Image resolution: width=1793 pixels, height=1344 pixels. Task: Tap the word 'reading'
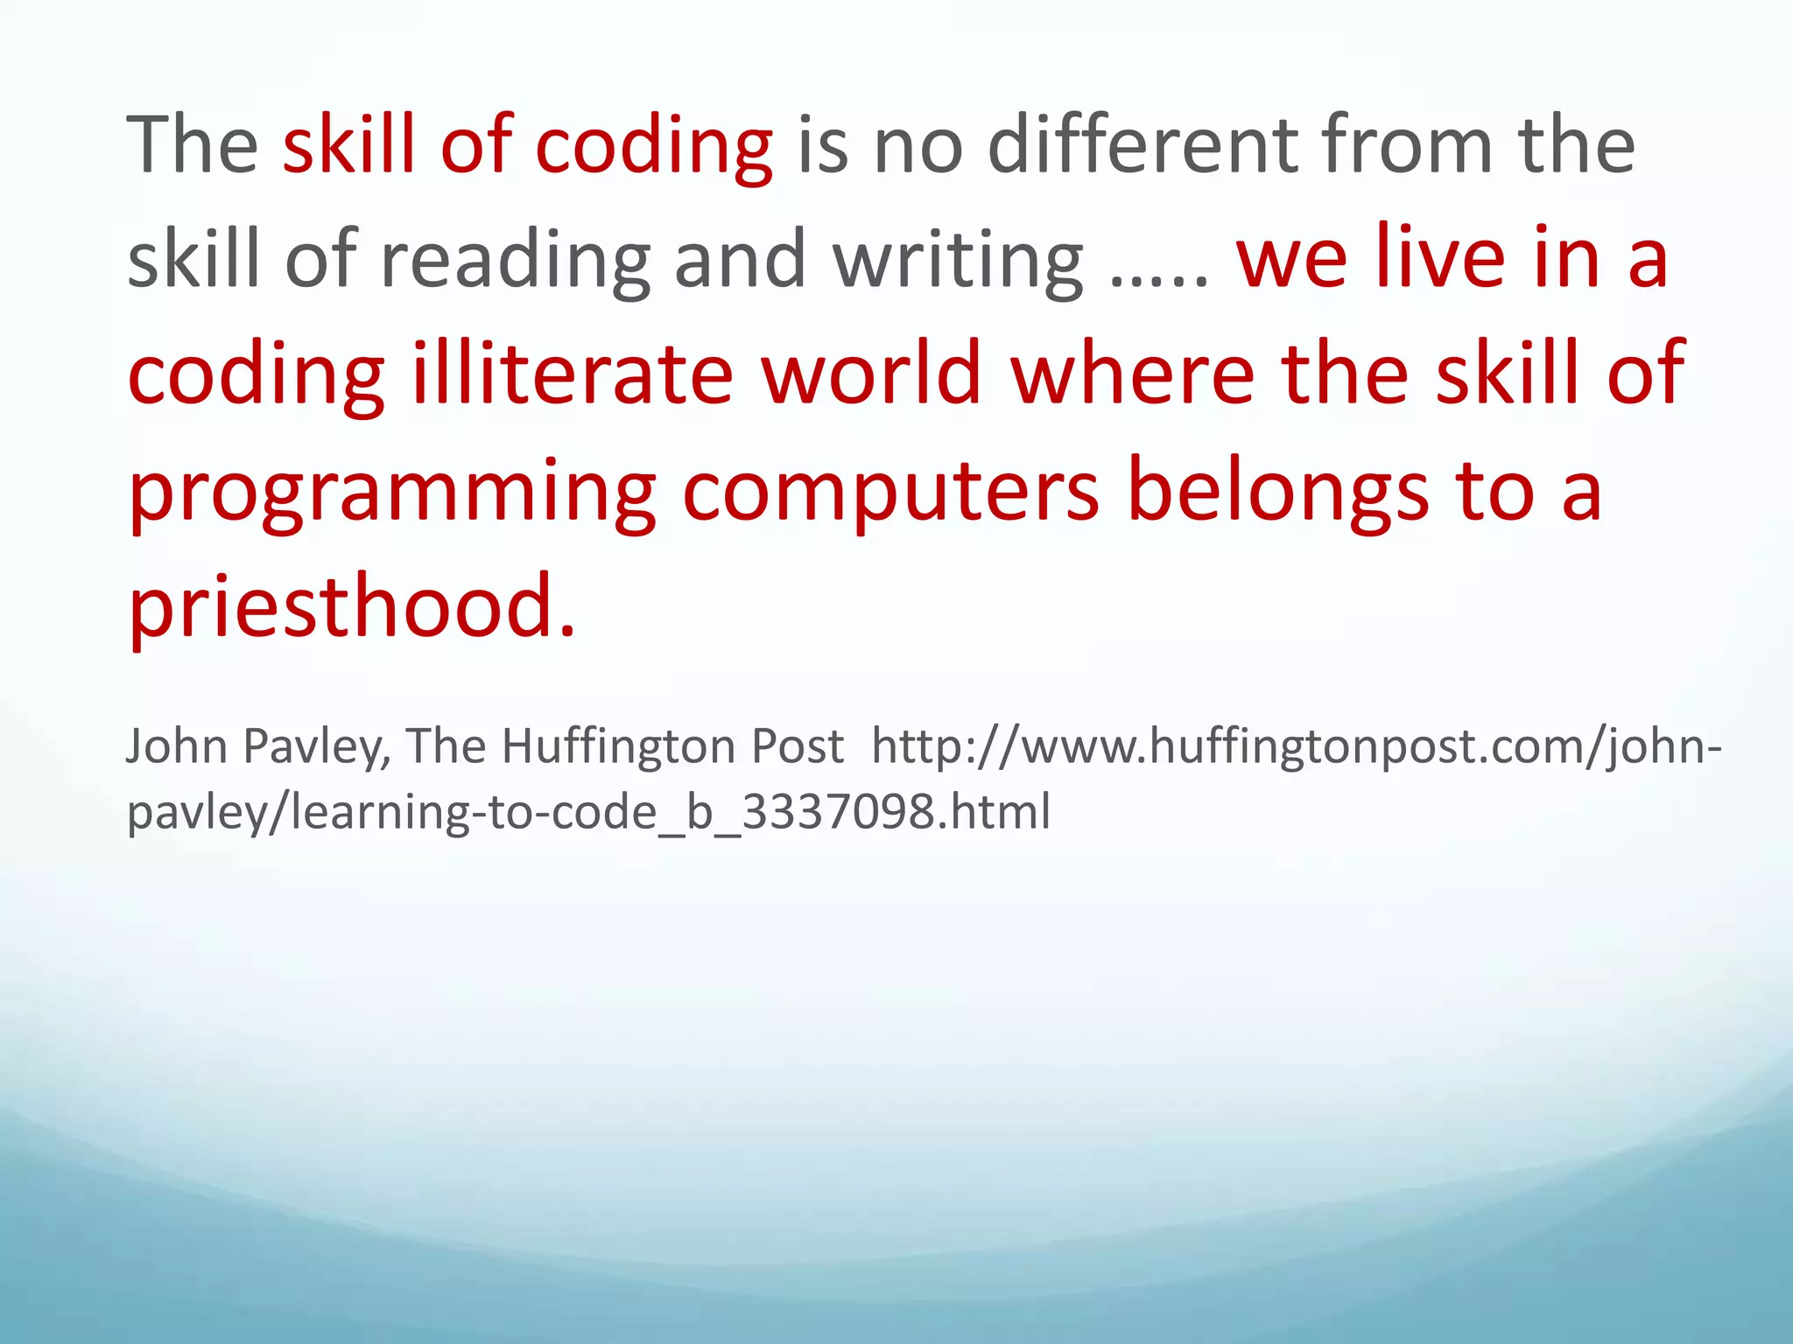[x=516, y=260]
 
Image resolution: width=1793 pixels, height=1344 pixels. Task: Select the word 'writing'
[x=958, y=260]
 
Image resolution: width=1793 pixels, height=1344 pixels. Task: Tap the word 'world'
[x=871, y=374]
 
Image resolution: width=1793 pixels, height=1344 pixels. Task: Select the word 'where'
[x=1133, y=374]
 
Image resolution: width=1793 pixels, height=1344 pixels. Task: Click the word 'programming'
[x=392, y=492]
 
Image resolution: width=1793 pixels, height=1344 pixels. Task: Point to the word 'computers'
[x=890, y=492]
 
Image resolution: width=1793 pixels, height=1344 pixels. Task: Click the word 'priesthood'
[x=341, y=606]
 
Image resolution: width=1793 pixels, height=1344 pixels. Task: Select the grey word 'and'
[x=740, y=260]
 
